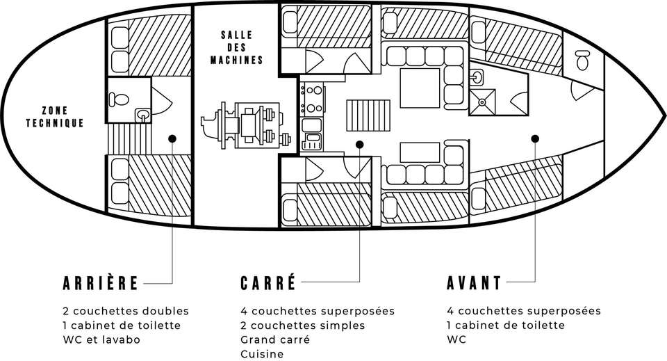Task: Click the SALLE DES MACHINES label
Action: click(x=236, y=47)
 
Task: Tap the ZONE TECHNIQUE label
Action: click(x=54, y=117)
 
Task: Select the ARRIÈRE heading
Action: click(x=100, y=282)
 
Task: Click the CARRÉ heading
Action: click(x=268, y=282)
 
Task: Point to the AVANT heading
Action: click(x=475, y=282)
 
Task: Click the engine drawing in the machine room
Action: click(x=246, y=126)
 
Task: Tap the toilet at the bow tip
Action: click(x=583, y=60)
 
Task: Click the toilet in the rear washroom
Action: click(x=119, y=99)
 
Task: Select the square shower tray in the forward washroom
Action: click(x=482, y=102)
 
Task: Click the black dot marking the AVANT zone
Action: click(x=535, y=138)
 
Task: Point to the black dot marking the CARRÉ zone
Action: click(x=359, y=145)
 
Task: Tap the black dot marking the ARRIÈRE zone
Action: click(x=172, y=138)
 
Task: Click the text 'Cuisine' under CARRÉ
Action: click(x=262, y=354)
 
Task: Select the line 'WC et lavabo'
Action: click(x=101, y=339)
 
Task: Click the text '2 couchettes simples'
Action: click(x=303, y=326)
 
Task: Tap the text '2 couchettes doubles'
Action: click(x=126, y=311)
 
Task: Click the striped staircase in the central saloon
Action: click(x=368, y=115)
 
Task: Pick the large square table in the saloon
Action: click(x=420, y=88)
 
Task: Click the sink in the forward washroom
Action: click(x=477, y=77)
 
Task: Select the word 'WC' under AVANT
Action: click(x=456, y=339)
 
